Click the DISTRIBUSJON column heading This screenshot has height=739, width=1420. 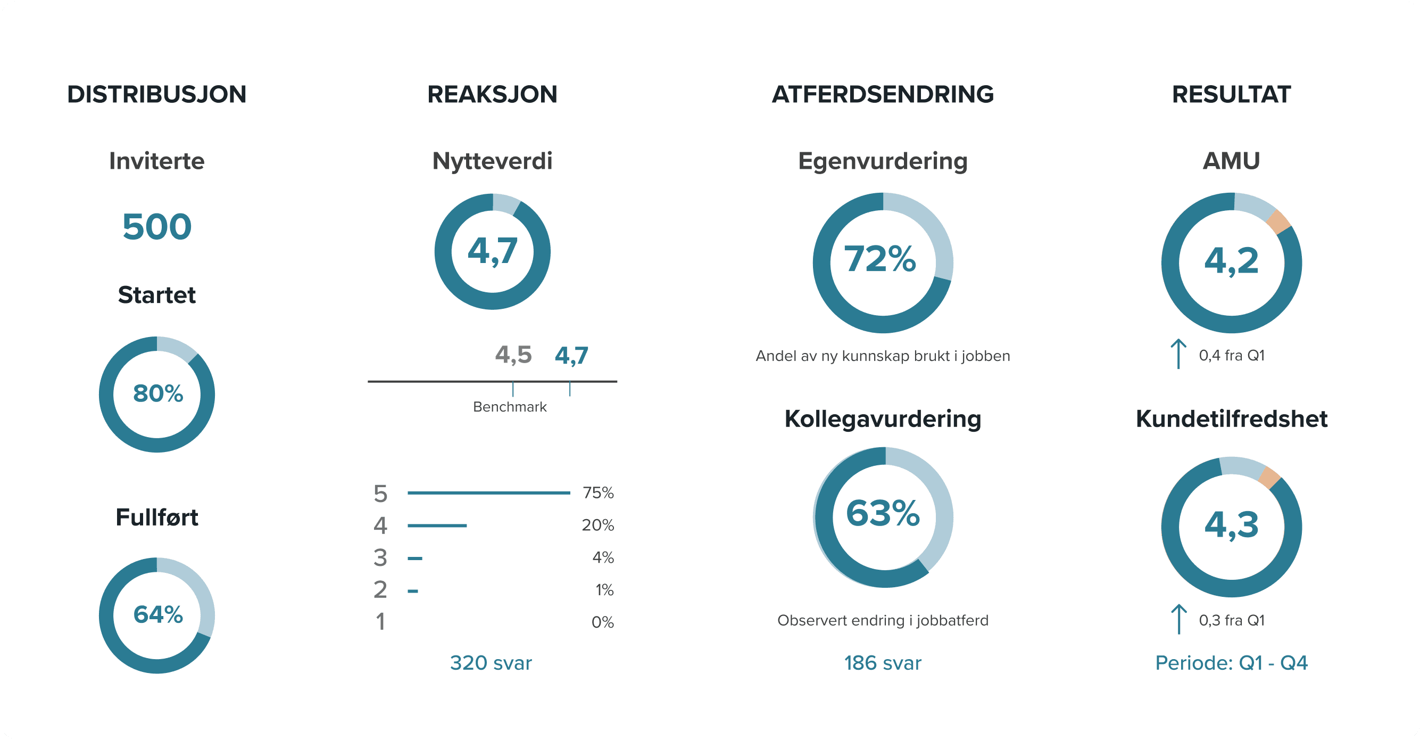[x=156, y=94]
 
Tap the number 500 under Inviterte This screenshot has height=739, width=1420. [x=156, y=227]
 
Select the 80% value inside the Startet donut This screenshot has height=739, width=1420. [x=157, y=394]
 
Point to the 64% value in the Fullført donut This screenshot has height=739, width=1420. [x=157, y=615]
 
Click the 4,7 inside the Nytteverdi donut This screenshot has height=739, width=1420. [x=492, y=251]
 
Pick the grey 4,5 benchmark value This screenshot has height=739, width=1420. [x=513, y=355]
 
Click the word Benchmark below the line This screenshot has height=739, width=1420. [x=509, y=407]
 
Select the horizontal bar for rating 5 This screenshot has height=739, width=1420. [x=488, y=493]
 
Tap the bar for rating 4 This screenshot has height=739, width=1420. [x=437, y=525]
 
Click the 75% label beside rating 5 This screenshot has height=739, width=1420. [x=598, y=492]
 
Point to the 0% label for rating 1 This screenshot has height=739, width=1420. [x=602, y=622]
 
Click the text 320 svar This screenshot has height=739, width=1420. [x=491, y=662]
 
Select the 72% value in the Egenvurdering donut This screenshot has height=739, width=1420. [x=880, y=259]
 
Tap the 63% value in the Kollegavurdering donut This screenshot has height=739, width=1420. [x=883, y=513]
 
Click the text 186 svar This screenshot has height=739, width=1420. [x=883, y=662]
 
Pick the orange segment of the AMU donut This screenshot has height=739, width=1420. [x=1278, y=221]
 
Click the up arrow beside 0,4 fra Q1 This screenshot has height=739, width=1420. [x=1178, y=354]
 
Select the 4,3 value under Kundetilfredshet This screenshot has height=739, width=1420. [x=1232, y=524]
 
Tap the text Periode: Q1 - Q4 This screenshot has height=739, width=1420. [x=1231, y=662]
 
